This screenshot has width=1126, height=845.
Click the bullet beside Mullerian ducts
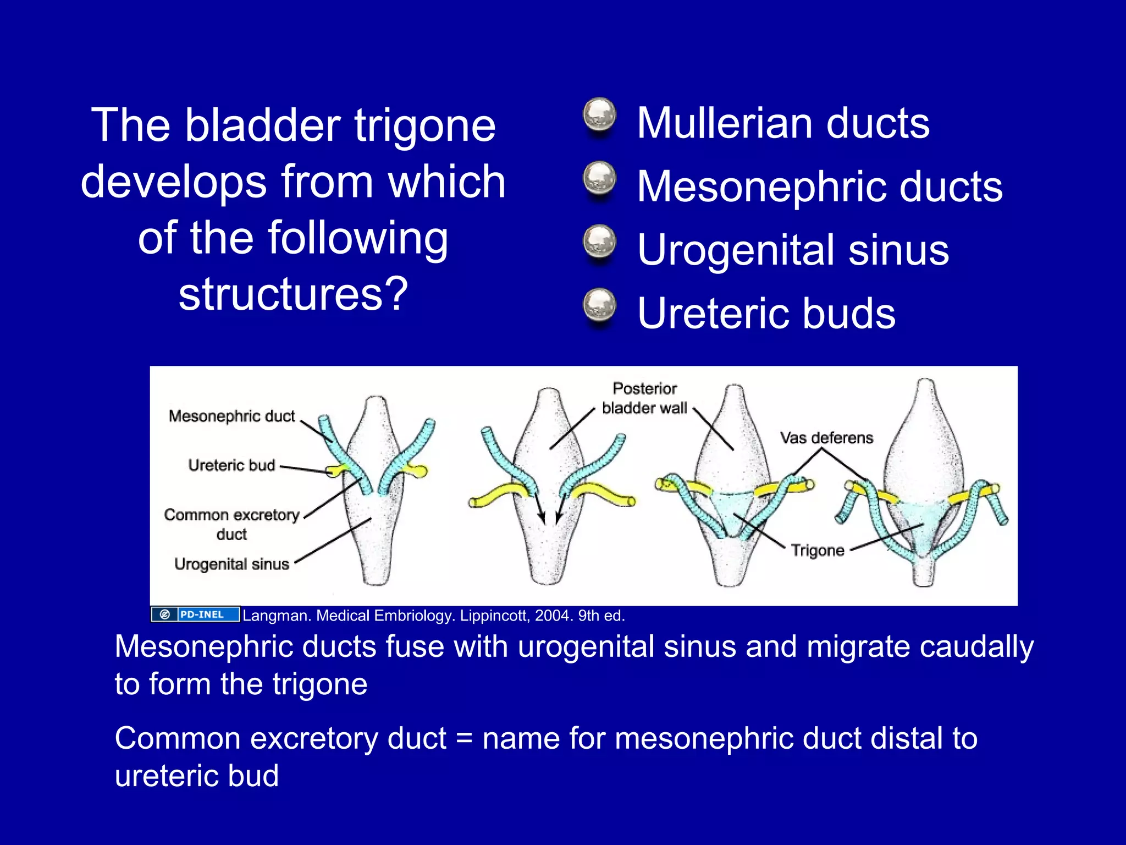click(599, 115)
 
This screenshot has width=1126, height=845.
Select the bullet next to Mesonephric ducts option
click(599, 178)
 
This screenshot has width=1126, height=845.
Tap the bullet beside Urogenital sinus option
click(599, 242)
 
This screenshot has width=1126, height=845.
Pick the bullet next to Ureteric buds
click(599, 305)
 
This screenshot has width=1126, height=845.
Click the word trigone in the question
click(425, 127)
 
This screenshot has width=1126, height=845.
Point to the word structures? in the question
click(293, 294)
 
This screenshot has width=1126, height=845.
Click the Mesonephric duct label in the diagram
click(231, 416)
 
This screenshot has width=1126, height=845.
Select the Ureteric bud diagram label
click(231, 465)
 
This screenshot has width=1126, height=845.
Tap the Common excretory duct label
click(231, 524)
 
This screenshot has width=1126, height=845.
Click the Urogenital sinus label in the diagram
click(231, 564)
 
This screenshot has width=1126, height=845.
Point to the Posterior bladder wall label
click(644, 398)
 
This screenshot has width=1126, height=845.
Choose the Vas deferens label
click(826, 438)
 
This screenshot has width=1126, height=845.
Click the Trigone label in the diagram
click(818, 550)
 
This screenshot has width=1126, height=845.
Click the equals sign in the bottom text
click(464, 738)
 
